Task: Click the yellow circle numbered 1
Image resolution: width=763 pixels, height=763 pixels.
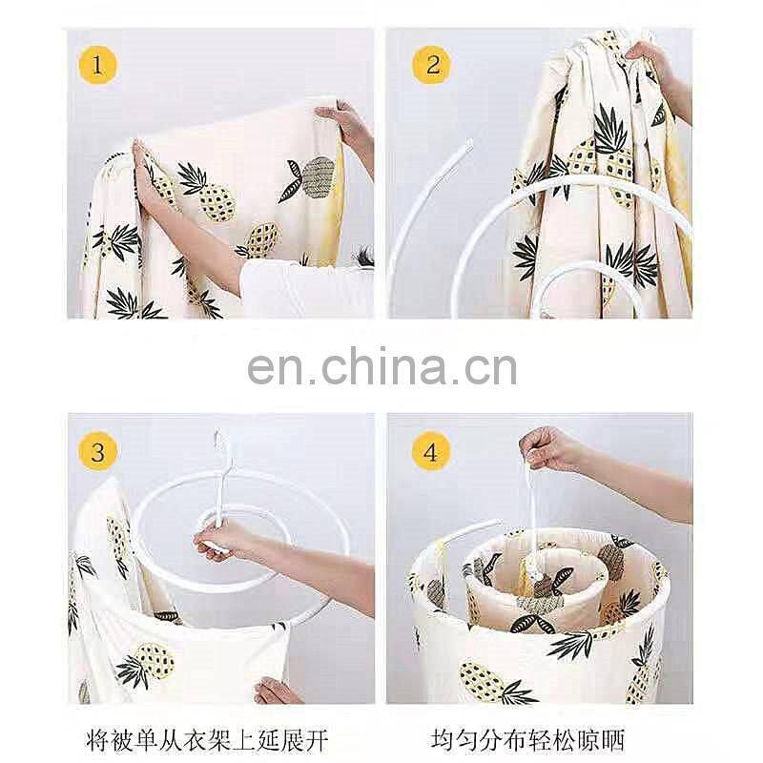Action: coord(98,65)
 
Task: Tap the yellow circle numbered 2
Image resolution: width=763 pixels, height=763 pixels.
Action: coord(431,65)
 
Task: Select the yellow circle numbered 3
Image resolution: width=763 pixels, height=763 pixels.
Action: coord(98,451)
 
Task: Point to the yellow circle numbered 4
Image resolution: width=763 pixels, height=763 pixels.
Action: coord(431,451)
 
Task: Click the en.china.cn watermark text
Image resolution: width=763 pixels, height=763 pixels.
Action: coord(382,366)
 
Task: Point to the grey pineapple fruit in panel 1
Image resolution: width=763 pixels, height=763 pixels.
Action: coord(319,176)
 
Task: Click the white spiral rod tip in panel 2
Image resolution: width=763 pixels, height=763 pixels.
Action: coord(467,144)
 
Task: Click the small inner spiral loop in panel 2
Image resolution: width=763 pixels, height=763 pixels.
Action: coord(579,270)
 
